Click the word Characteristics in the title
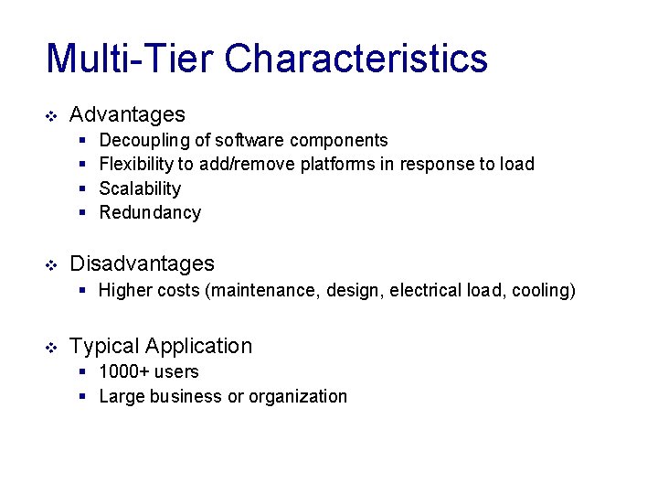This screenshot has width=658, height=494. click(356, 59)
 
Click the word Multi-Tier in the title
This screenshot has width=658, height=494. click(130, 59)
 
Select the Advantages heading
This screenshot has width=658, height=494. click(127, 114)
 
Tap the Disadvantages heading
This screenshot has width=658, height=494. click(142, 263)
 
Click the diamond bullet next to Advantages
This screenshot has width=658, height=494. click(51, 115)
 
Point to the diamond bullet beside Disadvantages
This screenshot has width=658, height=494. click(51, 264)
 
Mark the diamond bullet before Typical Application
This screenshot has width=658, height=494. click(51, 347)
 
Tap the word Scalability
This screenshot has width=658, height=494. click(140, 188)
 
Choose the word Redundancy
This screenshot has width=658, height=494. click(150, 212)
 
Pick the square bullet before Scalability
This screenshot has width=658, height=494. click(81, 188)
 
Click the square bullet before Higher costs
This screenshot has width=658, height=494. click(81, 291)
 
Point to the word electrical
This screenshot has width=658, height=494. click(425, 291)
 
